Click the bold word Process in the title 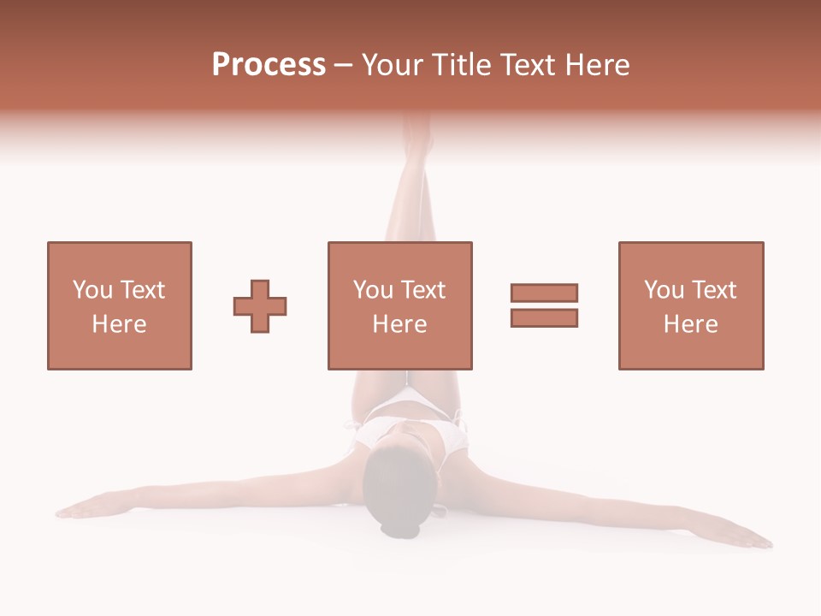click(x=269, y=65)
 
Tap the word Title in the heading click(x=463, y=65)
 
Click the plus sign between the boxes click(x=260, y=305)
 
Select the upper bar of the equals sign click(x=544, y=293)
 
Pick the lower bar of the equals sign click(x=544, y=317)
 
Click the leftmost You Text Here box click(x=119, y=305)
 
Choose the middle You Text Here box click(x=399, y=305)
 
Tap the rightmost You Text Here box click(x=690, y=305)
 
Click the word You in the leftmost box click(x=91, y=290)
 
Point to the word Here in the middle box click(x=399, y=323)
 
